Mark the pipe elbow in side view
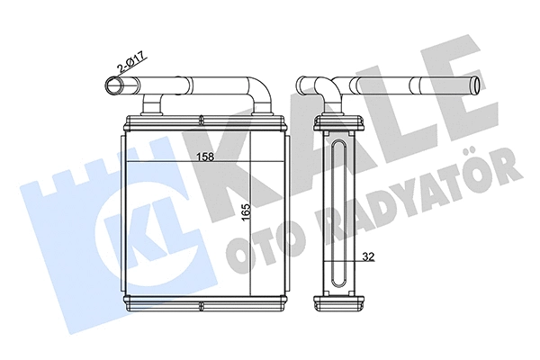(326, 91)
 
